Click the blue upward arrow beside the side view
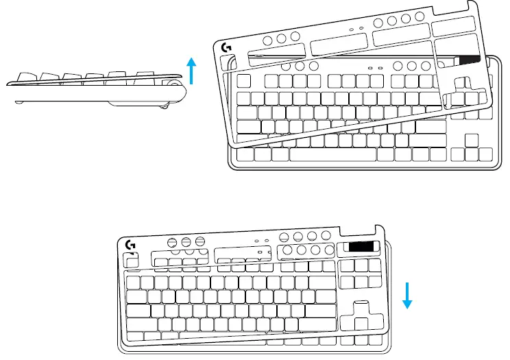[193, 71]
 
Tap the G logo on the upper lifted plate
[227, 49]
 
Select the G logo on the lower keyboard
[130, 245]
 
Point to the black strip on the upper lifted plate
[470, 61]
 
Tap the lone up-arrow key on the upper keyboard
[470, 139]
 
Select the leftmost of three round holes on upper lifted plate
[267, 40]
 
